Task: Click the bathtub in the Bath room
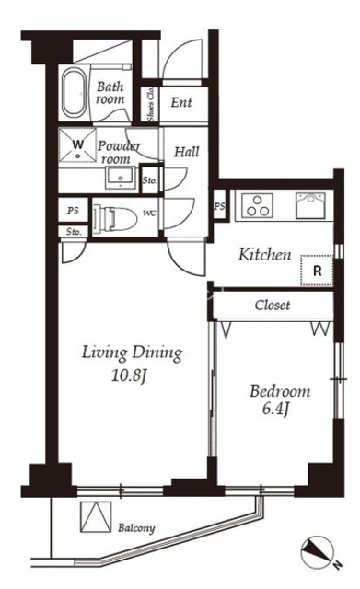[x=74, y=93]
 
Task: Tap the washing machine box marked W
[x=77, y=145]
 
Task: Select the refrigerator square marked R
[x=317, y=270]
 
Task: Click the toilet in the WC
[x=115, y=217]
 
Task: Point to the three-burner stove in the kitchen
[x=257, y=206]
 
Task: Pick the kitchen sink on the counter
[x=310, y=205]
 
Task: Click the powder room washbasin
[x=121, y=178]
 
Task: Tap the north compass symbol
[x=319, y=552]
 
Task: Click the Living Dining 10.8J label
[x=132, y=364]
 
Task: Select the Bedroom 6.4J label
[x=280, y=399]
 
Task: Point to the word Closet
[x=273, y=305]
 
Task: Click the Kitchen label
[x=264, y=255]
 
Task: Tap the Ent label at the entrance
[x=181, y=102]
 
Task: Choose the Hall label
[x=186, y=152]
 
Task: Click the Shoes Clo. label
[x=151, y=104]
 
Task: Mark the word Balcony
[x=136, y=528]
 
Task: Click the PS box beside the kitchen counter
[x=220, y=206]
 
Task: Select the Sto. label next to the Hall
[x=149, y=180]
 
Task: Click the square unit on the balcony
[x=96, y=516]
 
